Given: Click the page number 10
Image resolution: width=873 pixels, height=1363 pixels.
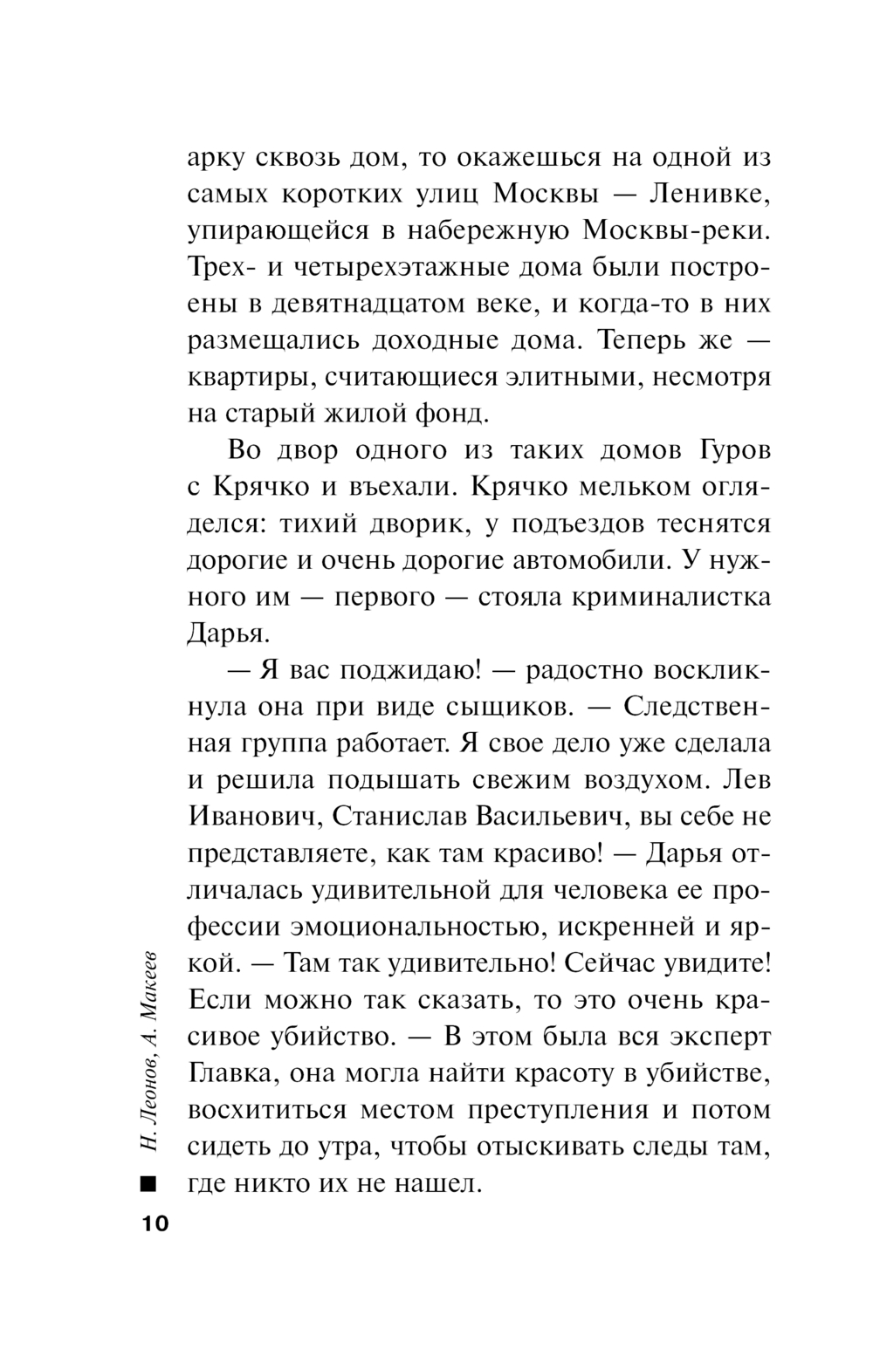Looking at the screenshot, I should click(152, 1224).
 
